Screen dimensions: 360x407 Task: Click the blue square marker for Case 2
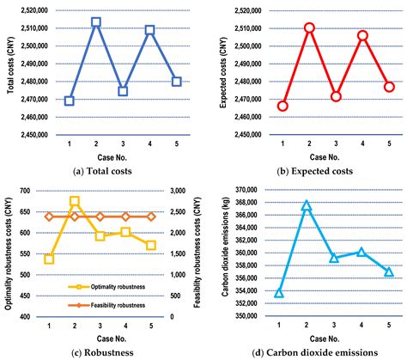(x=96, y=22)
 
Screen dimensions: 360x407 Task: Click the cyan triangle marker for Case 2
(x=306, y=205)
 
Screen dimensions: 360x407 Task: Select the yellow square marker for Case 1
(x=49, y=259)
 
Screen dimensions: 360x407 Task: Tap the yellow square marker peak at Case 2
(x=74, y=201)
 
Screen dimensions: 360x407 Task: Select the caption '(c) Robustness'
(x=100, y=350)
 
